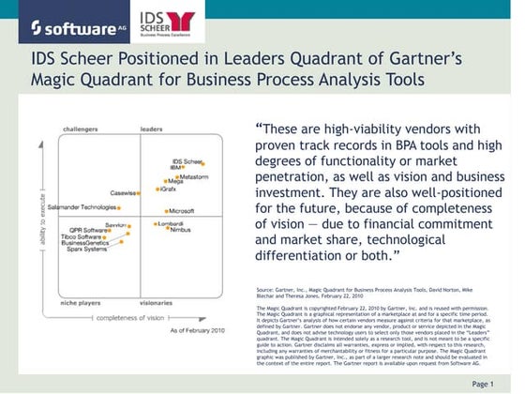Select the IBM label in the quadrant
pos(175,169)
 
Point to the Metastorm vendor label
pos(194,176)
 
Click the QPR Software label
pos(89,230)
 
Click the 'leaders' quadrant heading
pos(151,129)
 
